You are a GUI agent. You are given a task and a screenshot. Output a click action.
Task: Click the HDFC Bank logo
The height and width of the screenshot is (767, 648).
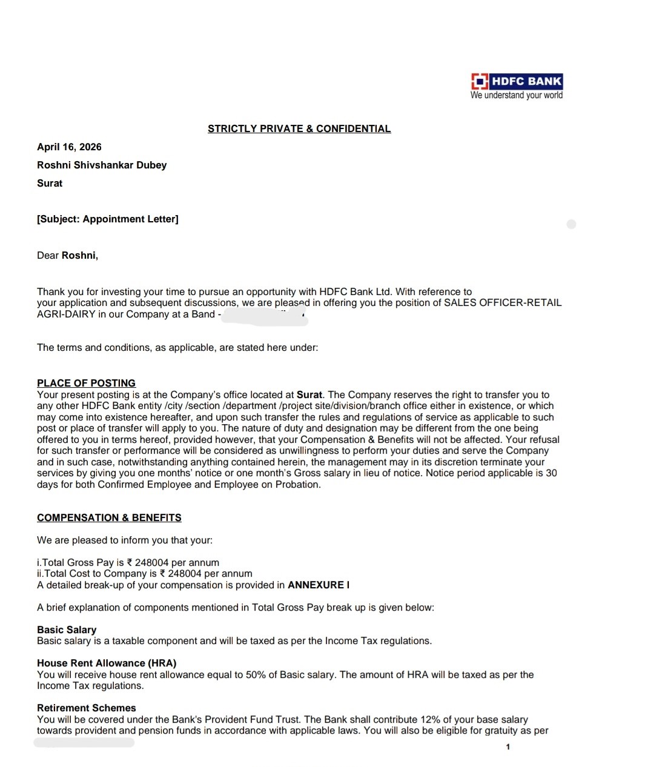pos(517,81)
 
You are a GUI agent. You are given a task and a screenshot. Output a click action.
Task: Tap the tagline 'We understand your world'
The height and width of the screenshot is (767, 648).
pos(517,95)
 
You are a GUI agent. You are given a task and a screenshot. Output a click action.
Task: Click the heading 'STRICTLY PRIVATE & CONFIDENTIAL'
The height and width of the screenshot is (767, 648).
pos(299,128)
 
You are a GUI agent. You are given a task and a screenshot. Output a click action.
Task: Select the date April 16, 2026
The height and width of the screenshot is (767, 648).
pos(69,147)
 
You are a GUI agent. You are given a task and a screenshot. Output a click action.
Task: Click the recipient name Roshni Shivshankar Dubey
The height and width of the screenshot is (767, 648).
pos(102,165)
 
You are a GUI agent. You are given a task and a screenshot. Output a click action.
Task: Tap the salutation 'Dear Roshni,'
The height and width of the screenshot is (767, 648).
pos(67,255)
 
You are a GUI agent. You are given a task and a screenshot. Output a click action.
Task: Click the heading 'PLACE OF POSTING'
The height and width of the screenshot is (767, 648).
pos(86,383)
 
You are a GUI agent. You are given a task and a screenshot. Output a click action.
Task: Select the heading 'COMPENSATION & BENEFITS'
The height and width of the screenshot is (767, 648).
pos(109,517)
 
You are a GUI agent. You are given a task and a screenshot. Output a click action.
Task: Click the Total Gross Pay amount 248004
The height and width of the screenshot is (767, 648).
pos(151,562)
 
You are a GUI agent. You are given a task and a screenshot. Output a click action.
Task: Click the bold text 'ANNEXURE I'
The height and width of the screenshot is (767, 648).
pos(319,585)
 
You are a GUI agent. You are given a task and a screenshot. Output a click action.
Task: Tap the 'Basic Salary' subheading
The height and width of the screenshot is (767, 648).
pos(67,629)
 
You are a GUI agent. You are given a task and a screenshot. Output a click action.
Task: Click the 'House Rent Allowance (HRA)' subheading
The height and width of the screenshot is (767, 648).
pos(107,663)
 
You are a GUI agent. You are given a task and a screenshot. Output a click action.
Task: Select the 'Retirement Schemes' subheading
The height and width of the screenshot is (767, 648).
pos(86,708)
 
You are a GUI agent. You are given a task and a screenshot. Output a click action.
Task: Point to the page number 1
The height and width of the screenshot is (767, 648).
pos(507,746)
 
